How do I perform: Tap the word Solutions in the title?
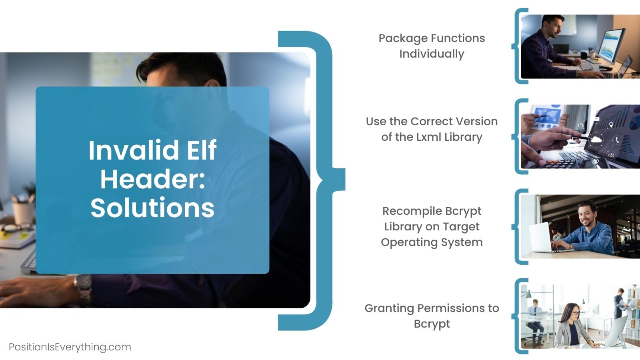coord(152,208)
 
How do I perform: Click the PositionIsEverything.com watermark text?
coord(70,347)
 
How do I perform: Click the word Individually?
coord(432,54)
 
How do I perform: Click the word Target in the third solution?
coord(461,226)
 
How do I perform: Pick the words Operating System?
coord(432,242)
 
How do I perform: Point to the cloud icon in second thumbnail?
coord(596,140)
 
